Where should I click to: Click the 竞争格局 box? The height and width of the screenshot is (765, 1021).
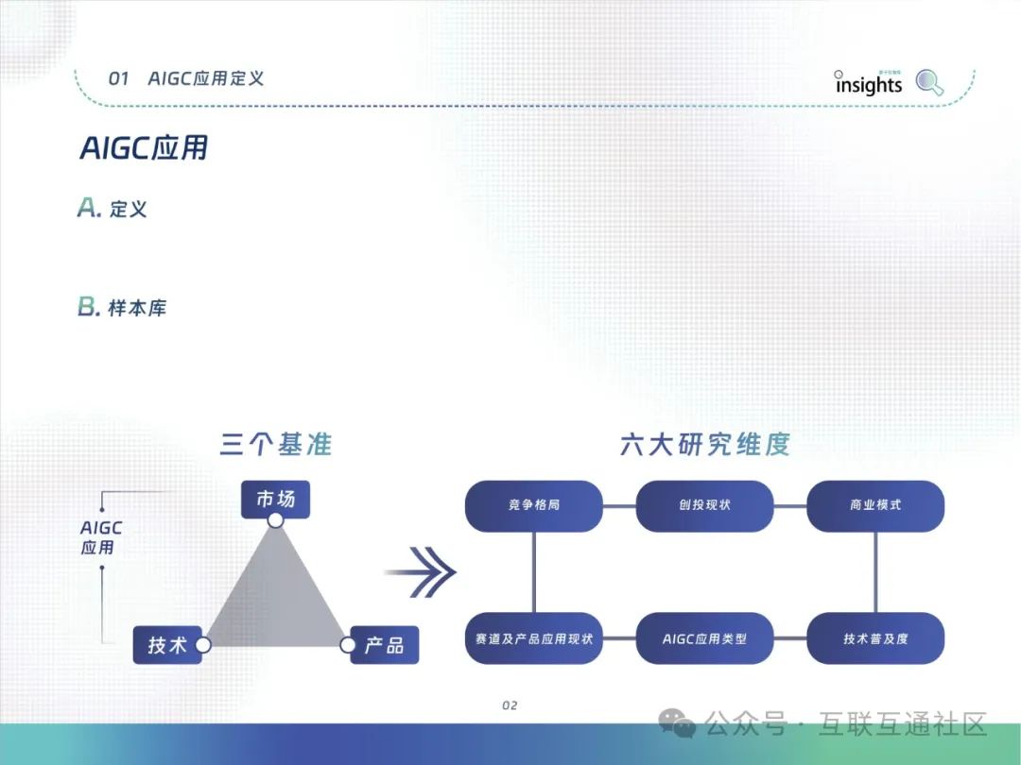point(534,505)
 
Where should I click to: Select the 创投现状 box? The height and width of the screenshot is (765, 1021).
point(704,505)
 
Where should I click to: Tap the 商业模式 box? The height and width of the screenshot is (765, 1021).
point(875,505)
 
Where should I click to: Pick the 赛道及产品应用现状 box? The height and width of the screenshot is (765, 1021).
point(534,638)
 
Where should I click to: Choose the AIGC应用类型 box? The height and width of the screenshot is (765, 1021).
point(704,638)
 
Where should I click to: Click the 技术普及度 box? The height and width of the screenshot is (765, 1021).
point(875,638)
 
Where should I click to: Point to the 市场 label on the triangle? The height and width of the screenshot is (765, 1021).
point(275,498)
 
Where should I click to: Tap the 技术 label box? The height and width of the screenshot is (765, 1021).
point(166,646)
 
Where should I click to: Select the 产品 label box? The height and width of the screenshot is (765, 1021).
point(385,646)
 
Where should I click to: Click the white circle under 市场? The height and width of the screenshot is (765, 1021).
point(275,520)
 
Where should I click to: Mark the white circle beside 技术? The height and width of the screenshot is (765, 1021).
point(202,645)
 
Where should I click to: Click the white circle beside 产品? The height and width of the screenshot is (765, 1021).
point(347,645)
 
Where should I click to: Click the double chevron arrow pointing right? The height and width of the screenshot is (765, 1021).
point(422,572)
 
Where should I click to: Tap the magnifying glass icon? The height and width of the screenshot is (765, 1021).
point(930,83)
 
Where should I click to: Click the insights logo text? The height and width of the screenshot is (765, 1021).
point(869,84)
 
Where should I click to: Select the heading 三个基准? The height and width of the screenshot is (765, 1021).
point(276,444)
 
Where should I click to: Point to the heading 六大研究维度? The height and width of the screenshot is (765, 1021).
point(704,444)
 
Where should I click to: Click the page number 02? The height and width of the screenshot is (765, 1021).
point(510,705)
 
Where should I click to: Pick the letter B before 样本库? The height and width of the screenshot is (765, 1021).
point(88,307)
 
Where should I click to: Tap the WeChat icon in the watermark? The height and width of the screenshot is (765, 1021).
point(678,724)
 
